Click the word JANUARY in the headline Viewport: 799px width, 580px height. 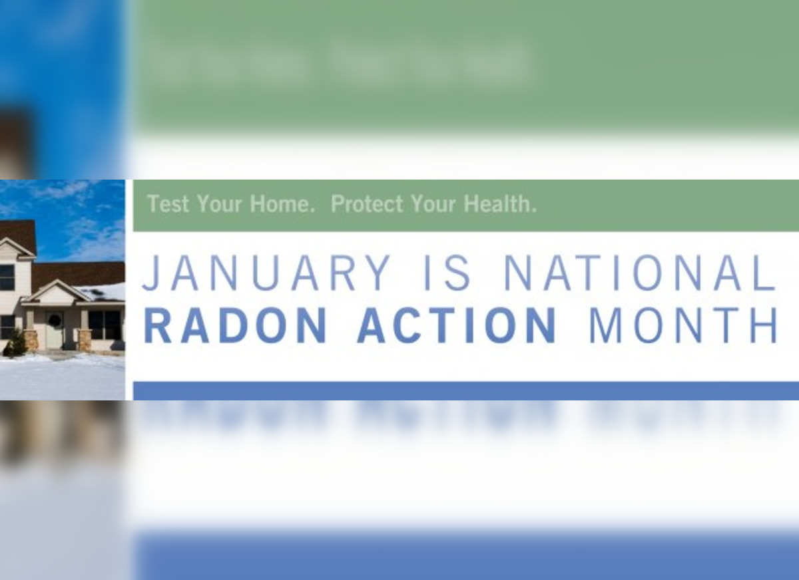[x=266, y=273]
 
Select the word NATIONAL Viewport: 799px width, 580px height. [x=640, y=273]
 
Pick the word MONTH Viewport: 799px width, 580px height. [x=683, y=325]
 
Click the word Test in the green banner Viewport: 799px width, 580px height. [x=168, y=204]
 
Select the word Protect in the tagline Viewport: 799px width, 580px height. [x=367, y=204]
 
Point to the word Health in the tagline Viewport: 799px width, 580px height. [x=500, y=204]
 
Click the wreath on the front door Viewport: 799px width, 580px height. [x=54, y=321]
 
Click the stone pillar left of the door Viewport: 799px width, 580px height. [x=31, y=340]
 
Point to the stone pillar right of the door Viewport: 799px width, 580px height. [x=85, y=340]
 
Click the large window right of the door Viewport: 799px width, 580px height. [x=105, y=325]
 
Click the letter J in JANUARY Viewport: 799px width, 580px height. [x=150, y=273]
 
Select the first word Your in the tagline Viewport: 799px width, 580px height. [x=219, y=204]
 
